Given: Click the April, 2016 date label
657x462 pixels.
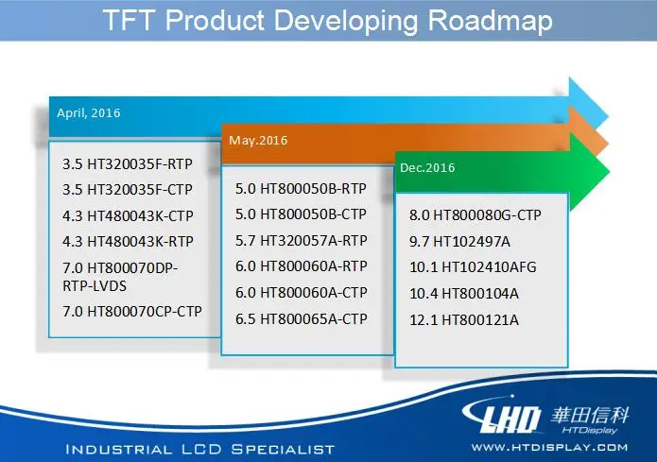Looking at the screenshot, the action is pos(89,113).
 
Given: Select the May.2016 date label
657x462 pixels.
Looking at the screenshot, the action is pos(258,141).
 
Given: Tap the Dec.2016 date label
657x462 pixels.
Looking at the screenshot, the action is pos(427,168).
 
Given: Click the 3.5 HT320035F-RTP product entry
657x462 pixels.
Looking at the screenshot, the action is pos(128,163).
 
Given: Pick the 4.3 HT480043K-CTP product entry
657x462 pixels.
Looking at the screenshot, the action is pos(128,215).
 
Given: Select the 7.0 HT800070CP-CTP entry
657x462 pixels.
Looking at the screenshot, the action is pos(132,311).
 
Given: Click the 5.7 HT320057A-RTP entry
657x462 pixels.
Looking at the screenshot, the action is pos(301,240).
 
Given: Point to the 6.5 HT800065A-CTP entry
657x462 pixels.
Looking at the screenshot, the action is pos(301,318).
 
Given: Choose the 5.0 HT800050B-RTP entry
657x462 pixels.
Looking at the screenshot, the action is pos(301,189).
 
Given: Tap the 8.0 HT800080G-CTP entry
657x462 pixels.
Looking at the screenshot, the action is pos(475,214).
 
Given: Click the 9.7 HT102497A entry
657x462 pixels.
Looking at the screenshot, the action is pos(459,241).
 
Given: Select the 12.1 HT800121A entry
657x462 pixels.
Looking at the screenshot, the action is pos(464,320).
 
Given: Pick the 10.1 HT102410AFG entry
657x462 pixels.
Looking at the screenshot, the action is pos(473,266).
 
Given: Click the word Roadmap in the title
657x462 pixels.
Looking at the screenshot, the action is pos(491,21).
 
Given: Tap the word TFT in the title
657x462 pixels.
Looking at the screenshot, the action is pos(128,20).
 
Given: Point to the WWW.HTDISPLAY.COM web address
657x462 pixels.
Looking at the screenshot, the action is pos(549,448).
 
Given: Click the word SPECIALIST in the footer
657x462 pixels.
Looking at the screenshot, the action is pos(283,450).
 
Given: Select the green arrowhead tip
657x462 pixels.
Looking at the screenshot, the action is pos(609,171).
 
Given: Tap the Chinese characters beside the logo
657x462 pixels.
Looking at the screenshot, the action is pos(590,416).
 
